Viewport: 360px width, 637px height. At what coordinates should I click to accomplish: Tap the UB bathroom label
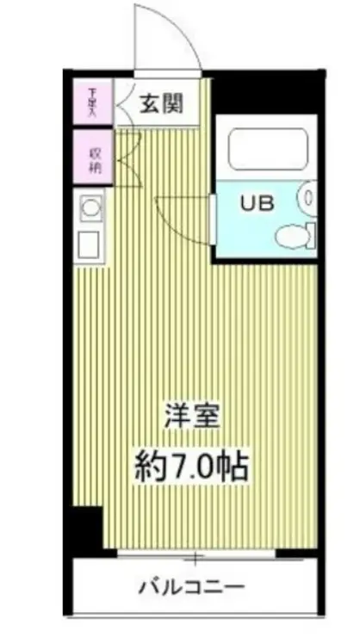click(x=258, y=204)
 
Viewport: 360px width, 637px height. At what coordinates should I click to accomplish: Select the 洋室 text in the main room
click(x=193, y=417)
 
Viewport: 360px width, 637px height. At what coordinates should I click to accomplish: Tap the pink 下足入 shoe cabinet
click(x=91, y=102)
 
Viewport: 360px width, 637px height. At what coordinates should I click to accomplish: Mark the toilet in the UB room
click(x=294, y=235)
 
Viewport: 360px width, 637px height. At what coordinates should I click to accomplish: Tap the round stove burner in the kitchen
click(x=90, y=207)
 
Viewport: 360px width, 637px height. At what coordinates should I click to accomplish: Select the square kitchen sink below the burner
click(x=90, y=244)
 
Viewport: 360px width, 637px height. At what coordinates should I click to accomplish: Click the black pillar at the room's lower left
click(x=87, y=528)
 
